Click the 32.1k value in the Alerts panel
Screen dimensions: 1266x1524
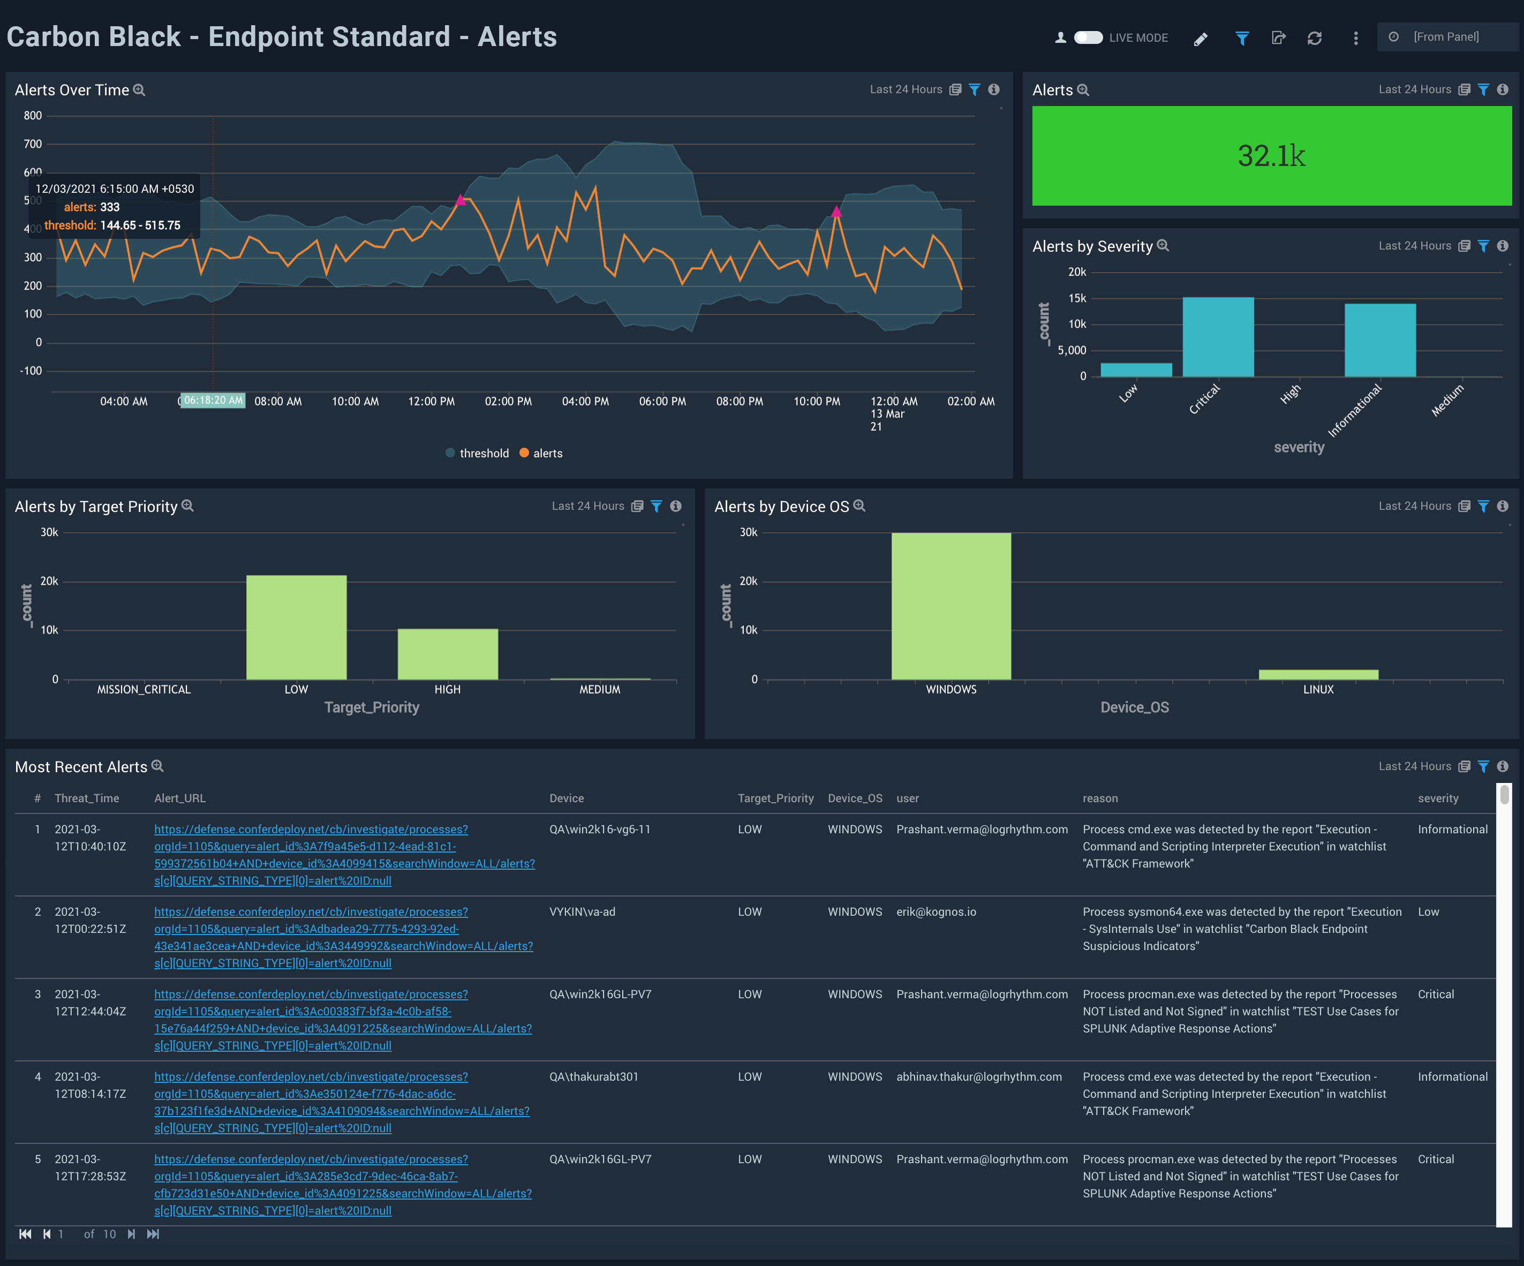tap(1271, 156)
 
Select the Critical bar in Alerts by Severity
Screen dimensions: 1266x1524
tap(1218, 337)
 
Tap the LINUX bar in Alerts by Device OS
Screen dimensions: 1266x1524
tap(1318, 674)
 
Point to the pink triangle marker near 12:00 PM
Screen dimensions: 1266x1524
tap(460, 200)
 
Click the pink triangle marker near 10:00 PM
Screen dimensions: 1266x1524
tap(836, 212)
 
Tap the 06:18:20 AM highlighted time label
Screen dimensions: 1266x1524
tap(213, 401)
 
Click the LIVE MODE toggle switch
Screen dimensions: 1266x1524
tap(1088, 37)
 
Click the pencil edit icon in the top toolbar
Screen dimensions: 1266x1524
tap(1201, 39)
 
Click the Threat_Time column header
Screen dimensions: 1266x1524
tap(86, 798)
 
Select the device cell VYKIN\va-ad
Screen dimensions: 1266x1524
tap(582, 912)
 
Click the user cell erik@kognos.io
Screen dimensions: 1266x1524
tap(935, 912)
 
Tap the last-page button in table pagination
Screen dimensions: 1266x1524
tap(153, 1234)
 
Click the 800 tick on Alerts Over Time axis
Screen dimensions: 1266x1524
tap(33, 116)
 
